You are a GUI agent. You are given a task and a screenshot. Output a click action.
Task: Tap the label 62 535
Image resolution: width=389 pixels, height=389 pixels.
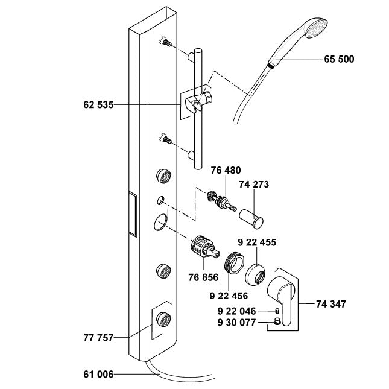tap(98, 104)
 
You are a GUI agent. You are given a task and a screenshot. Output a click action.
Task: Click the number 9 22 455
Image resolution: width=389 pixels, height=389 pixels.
tap(257, 243)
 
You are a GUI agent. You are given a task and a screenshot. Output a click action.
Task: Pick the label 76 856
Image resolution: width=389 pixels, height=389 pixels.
tap(202, 277)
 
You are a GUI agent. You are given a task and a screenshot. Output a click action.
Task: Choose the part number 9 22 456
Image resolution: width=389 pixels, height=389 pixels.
tap(229, 296)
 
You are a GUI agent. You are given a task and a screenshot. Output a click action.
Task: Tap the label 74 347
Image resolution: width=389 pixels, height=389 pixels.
tap(331, 305)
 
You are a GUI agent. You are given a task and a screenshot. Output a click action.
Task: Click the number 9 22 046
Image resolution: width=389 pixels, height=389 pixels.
tap(236, 311)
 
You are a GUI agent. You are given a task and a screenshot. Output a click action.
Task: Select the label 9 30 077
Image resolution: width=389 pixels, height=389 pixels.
tap(236, 323)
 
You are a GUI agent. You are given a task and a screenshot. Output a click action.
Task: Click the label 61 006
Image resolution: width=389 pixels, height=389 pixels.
tap(98, 375)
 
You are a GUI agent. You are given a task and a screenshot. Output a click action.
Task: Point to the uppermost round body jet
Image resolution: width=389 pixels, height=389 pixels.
tap(162, 176)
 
